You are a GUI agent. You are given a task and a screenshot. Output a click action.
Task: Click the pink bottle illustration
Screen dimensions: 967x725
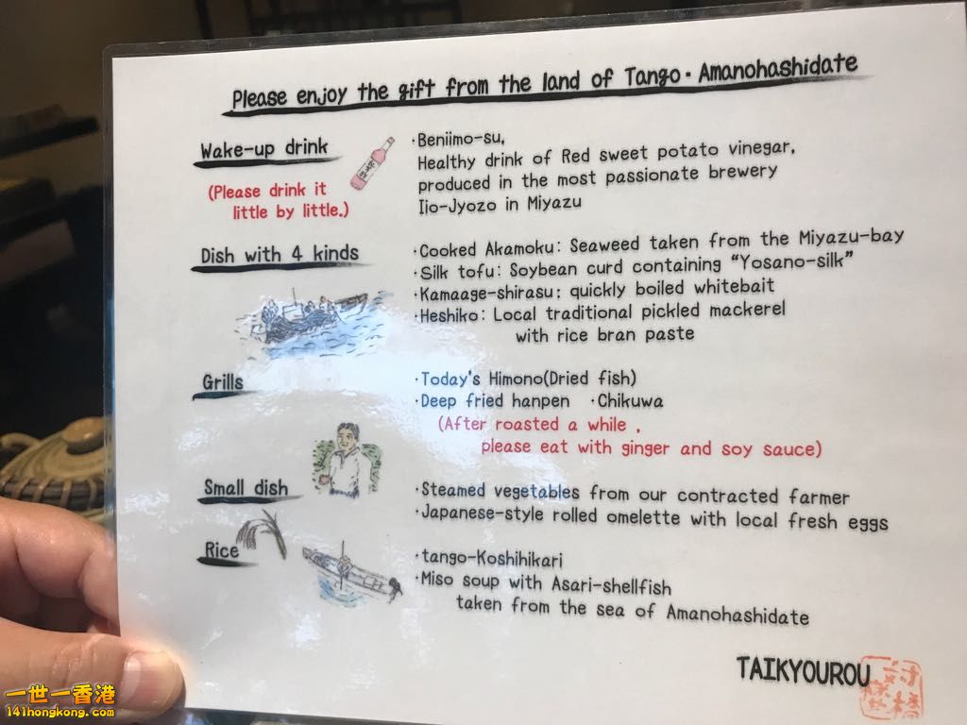pos(372,163)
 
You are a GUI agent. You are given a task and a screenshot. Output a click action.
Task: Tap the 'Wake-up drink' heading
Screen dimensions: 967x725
pos(264,148)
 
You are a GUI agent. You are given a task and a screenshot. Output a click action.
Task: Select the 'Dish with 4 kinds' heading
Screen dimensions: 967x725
pos(280,254)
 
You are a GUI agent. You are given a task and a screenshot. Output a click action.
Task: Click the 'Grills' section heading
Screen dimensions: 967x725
pos(223,382)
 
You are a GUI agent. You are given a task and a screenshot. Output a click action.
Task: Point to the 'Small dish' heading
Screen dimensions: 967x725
pos(246,488)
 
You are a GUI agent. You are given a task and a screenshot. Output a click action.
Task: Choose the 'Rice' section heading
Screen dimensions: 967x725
pos(221,550)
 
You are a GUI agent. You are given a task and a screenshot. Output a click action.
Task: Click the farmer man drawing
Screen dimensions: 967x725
pos(347,461)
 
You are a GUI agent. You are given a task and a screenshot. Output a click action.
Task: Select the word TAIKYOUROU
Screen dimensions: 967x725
pos(803,671)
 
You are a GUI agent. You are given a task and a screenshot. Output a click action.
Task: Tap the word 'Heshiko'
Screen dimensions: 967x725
pos(450,315)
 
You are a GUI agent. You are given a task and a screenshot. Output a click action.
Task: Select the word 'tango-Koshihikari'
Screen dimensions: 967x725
pos(491,559)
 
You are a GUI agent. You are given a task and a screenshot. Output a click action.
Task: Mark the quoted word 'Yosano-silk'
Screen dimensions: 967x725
pos(792,261)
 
